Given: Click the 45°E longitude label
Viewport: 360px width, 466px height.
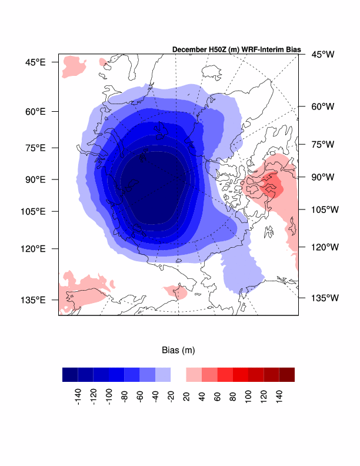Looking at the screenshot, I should point(35,62).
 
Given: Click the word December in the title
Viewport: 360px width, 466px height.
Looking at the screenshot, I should point(189,50).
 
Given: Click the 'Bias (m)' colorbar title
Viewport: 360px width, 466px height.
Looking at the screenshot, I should point(178,350).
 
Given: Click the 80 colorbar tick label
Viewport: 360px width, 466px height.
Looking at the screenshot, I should point(233,397).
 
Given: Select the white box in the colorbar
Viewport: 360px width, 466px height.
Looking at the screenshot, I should point(178,375).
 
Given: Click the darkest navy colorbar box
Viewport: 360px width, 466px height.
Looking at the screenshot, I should point(70,375).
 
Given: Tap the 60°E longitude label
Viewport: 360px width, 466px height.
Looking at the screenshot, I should point(35,111).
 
